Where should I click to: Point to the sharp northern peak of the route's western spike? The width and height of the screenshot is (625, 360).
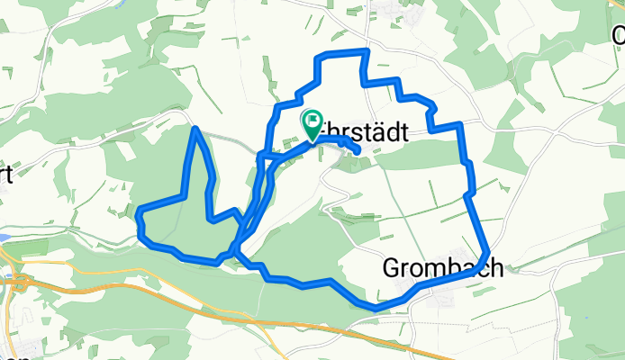point(195,130)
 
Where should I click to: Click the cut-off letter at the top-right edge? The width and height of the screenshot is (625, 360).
point(619,35)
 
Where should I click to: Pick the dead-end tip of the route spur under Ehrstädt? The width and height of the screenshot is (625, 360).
point(358,150)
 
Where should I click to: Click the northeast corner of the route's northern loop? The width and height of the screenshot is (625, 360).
point(366,50)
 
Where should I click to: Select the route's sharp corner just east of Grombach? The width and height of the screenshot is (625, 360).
point(487,252)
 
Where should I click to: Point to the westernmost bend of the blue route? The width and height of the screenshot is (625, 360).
point(139,214)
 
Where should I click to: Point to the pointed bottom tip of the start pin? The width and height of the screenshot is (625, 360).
point(312,141)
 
